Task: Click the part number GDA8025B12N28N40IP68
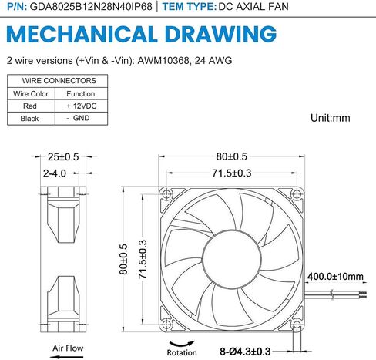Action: pos(91,7)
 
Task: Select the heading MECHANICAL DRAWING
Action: pos(142,34)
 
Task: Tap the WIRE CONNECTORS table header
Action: pos(59,81)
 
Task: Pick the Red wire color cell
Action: pos(30,106)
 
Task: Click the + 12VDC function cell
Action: pos(82,106)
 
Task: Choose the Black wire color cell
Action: pos(29,119)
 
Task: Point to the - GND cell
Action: pos(78,118)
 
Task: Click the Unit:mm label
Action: pos(331,118)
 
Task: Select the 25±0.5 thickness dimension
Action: pos(63,156)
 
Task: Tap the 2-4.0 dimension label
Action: pos(55,173)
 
